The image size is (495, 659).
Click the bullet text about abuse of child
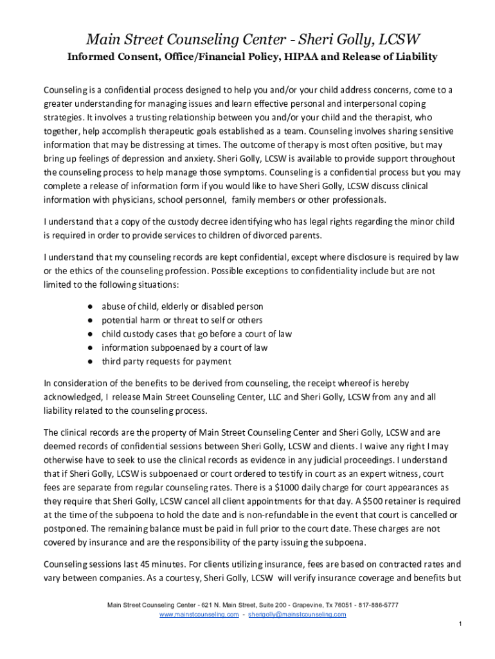(x=182, y=306)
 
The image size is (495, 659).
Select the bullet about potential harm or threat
(x=182, y=320)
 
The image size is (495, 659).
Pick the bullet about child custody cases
(x=197, y=333)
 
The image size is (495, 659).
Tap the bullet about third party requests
(x=166, y=361)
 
